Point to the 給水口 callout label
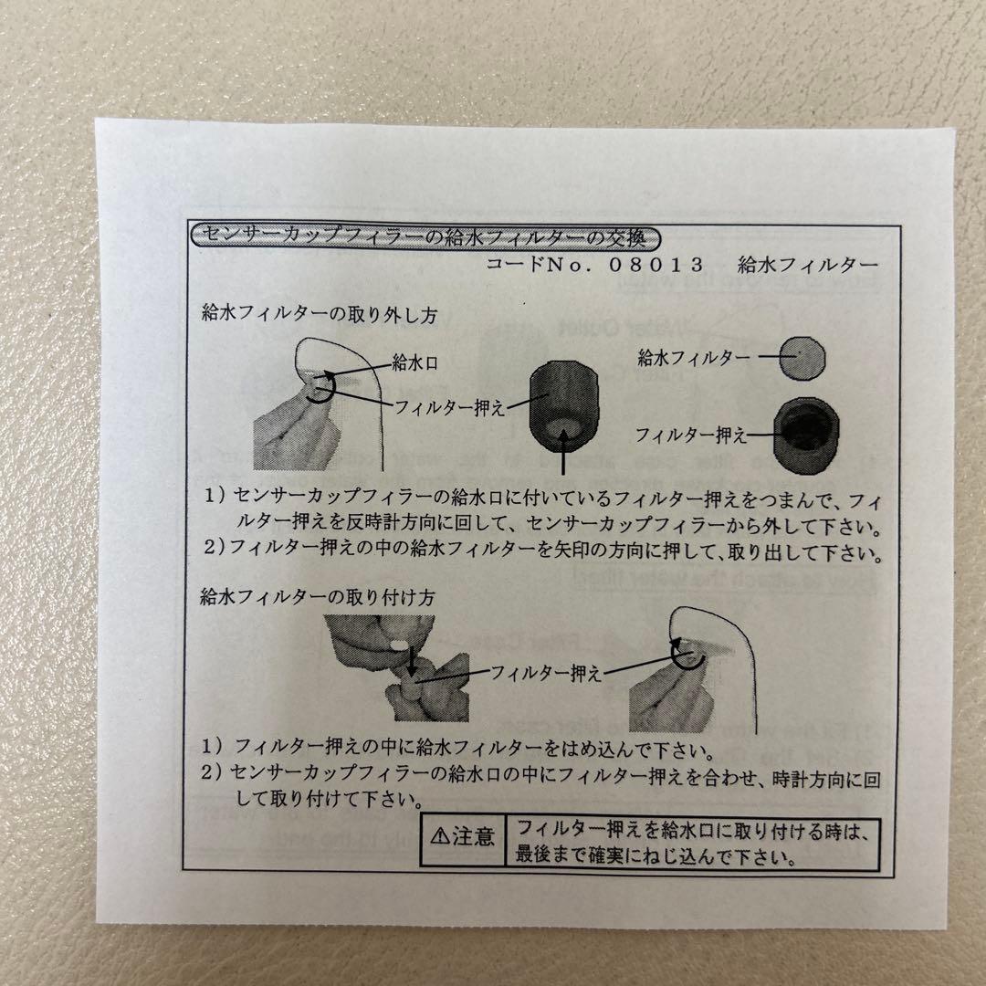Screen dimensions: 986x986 (x=415, y=362)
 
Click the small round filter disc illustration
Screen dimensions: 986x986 (x=800, y=356)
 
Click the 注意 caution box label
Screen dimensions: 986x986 (x=474, y=836)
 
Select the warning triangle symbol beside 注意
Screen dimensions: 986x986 (x=438, y=836)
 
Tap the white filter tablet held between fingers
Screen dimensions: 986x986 (x=399, y=645)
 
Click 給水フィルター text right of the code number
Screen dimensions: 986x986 (x=808, y=266)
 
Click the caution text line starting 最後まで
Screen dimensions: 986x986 (x=653, y=857)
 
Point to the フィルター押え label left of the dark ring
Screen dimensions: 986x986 (x=690, y=435)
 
